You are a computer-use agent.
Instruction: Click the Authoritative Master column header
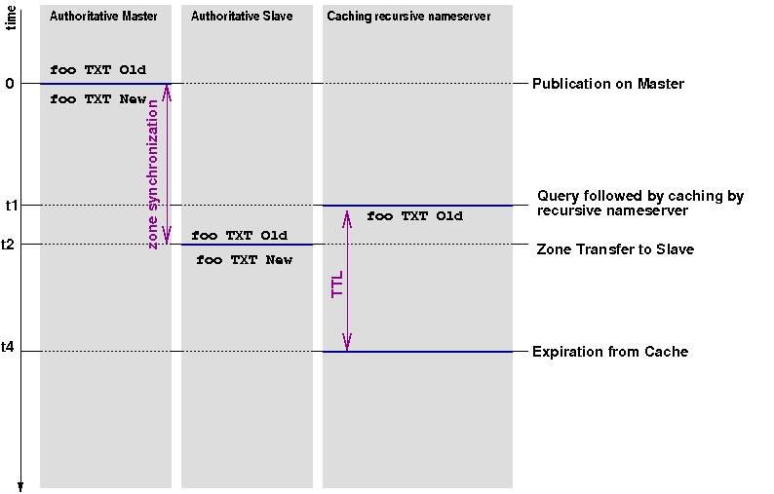103,17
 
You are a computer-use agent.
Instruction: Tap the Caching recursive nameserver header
408,17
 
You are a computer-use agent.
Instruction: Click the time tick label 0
10,84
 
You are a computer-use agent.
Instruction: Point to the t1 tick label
11,206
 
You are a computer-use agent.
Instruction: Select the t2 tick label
11,245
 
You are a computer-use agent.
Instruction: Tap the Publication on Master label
608,84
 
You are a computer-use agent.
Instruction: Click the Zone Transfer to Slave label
615,249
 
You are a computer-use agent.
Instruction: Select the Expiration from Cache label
610,352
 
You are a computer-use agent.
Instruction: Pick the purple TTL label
337,279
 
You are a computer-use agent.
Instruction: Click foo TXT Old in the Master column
97,70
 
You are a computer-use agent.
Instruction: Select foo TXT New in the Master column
97,98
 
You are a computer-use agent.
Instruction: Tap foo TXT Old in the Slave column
239,235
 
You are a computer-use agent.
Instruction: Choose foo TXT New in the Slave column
244,260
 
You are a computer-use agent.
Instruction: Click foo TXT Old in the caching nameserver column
414,215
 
